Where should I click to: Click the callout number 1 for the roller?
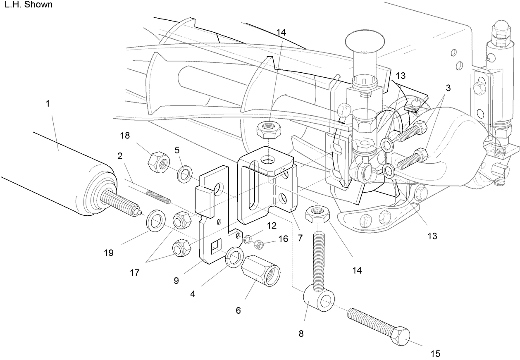pos(48,103)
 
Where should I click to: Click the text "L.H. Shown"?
pos(28,5)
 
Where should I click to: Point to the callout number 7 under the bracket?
pos(300,238)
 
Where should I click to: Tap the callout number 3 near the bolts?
pos(448,88)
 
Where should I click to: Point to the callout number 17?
pos(135,273)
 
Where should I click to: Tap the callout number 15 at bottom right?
pos(435,353)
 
